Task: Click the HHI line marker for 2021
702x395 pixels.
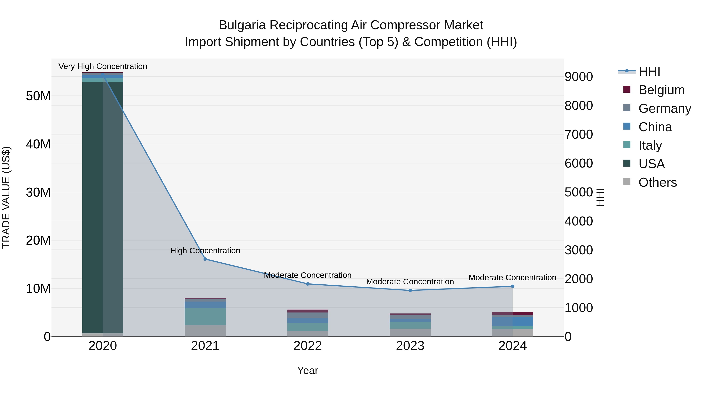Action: (x=205, y=259)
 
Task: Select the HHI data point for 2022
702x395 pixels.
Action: (x=308, y=284)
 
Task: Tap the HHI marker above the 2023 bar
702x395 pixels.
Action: (x=410, y=290)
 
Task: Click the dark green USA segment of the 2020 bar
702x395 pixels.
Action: (x=93, y=207)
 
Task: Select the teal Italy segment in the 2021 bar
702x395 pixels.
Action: (x=205, y=316)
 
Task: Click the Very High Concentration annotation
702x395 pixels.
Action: (x=103, y=66)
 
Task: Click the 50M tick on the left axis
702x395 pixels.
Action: (x=38, y=96)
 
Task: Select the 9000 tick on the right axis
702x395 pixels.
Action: (x=578, y=77)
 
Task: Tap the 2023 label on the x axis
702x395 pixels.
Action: (x=410, y=346)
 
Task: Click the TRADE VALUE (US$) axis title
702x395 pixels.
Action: (x=6, y=197)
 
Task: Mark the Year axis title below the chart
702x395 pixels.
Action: (x=308, y=370)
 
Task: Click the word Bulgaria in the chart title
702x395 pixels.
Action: (x=242, y=25)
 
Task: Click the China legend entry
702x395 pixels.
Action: (x=655, y=127)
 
